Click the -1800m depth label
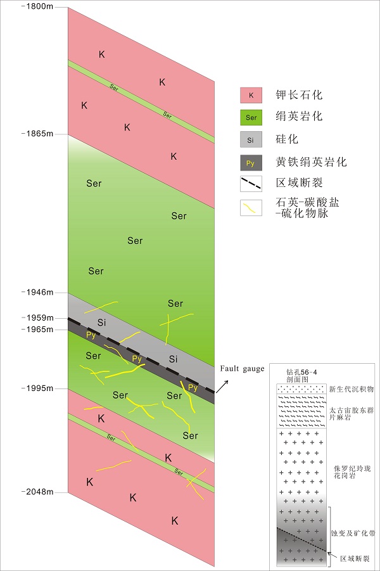coord(39,6)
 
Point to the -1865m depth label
coord(39,134)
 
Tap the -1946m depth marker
coord(39,293)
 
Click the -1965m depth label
coord(39,329)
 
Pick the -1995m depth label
coord(39,388)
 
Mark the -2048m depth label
coord(39,492)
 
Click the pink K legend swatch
coord(251,96)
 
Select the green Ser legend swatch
coord(251,118)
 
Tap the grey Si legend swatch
coord(251,140)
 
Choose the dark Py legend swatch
coord(251,163)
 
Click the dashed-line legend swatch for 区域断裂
coord(251,184)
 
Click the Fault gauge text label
coord(242,369)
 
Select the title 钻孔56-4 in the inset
coord(301,370)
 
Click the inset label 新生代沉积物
coord(352,389)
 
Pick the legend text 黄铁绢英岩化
coord(311,162)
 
